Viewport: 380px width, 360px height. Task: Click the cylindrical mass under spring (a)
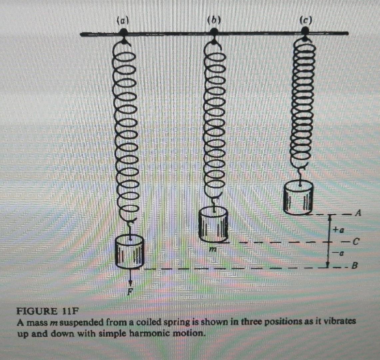[x=130, y=252]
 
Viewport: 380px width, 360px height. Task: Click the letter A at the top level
[x=358, y=213]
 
